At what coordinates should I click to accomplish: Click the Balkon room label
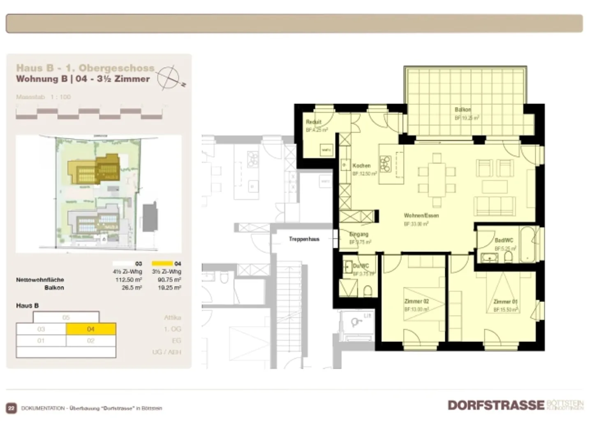click(462, 110)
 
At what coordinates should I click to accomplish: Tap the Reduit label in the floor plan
click(313, 122)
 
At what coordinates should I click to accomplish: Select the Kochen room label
click(361, 166)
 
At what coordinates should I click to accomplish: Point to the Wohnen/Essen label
click(421, 215)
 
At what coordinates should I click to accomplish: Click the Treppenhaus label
click(304, 239)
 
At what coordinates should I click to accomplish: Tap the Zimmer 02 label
click(416, 301)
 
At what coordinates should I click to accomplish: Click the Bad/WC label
click(504, 241)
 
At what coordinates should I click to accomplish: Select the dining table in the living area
click(437, 180)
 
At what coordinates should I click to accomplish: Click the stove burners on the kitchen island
click(385, 164)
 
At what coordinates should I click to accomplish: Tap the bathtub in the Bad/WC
click(528, 245)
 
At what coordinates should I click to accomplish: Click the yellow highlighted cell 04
click(91, 329)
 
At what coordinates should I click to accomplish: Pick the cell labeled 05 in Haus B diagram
click(66, 317)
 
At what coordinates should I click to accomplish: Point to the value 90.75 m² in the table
click(169, 280)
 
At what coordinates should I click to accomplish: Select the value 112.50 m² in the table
click(129, 280)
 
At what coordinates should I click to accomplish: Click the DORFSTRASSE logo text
click(496, 405)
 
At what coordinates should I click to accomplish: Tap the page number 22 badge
click(11, 408)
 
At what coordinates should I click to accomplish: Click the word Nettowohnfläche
click(40, 280)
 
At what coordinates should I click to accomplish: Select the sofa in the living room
click(495, 206)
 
